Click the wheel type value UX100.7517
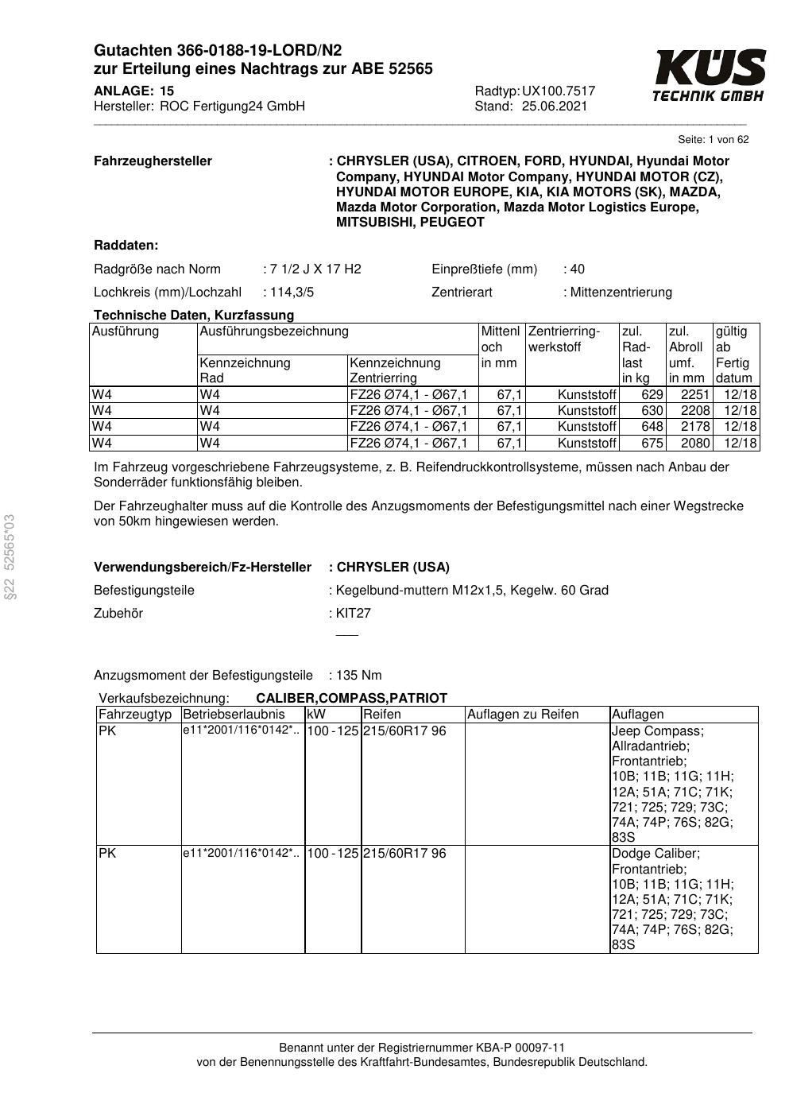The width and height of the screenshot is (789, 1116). (559, 91)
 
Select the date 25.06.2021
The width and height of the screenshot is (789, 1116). (555, 107)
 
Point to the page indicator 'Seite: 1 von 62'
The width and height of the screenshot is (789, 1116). (713, 140)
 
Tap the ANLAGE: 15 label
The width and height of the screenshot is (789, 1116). (133, 91)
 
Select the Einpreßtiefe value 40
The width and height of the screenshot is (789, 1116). (577, 269)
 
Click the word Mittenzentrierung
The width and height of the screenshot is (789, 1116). (621, 292)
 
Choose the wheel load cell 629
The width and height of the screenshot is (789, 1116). (652, 395)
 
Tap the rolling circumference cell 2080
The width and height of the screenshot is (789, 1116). (695, 443)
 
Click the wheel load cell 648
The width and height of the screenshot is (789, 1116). (652, 427)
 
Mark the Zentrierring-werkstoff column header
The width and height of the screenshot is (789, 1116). (564, 339)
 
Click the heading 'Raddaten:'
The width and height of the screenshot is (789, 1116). (126, 245)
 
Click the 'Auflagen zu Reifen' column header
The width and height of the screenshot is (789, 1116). (523, 714)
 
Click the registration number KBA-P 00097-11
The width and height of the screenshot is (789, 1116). (522, 1048)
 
